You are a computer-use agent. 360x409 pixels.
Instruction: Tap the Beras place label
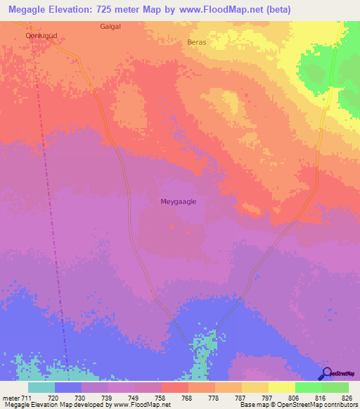[197, 42]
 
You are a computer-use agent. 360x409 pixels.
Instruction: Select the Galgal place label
[110, 26]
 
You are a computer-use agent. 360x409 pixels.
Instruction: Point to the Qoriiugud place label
[39, 34]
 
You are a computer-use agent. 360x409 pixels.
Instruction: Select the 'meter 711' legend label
[16, 397]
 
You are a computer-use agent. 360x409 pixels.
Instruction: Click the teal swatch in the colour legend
[41, 387]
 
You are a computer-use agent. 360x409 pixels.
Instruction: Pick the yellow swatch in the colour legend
[281, 387]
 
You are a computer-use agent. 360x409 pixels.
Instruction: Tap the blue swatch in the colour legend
[68, 387]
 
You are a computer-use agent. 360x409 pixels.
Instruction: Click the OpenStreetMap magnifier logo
[326, 373]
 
